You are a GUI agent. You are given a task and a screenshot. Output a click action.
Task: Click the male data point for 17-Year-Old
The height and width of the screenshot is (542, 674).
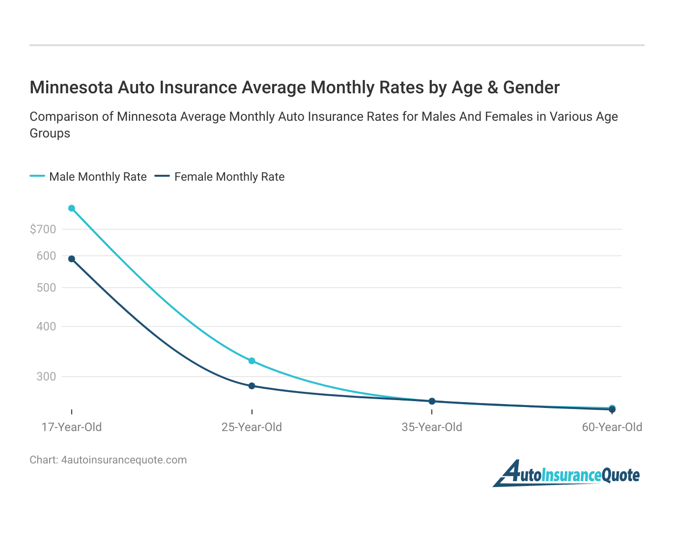coord(72,208)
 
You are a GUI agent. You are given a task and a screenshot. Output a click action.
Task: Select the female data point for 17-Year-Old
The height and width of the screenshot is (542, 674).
coord(72,259)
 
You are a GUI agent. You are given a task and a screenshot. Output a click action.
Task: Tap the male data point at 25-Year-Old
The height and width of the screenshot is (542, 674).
coord(252,361)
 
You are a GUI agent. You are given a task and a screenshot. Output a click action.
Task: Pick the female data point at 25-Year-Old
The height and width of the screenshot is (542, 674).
coord(252,386)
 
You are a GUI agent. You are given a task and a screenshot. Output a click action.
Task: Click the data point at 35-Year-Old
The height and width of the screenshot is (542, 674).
coord(432,401)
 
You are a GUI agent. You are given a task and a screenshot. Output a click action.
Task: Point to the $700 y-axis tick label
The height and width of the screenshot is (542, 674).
coord(43,229)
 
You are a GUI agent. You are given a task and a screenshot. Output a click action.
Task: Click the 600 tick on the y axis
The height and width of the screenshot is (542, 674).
coord(46,256)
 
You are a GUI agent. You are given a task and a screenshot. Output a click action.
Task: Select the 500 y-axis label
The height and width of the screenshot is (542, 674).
coord(46,288)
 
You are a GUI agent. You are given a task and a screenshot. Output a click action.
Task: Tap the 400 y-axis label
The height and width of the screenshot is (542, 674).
coord(46,326)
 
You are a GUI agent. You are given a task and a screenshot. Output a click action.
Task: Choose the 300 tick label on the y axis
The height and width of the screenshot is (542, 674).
coord(46,377)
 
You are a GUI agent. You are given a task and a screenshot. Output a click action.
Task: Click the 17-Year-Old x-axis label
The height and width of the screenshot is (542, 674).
coord(72,427)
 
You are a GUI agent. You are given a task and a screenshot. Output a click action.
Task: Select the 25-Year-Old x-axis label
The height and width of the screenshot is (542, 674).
coord(252,427)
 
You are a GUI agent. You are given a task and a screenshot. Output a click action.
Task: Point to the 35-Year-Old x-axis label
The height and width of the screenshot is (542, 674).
coord(432,427)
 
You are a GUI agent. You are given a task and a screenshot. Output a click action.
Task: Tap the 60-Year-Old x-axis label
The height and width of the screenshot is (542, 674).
coord(612,427)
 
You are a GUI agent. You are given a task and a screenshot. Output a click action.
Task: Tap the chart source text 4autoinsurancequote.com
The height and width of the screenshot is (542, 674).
coord(124,460)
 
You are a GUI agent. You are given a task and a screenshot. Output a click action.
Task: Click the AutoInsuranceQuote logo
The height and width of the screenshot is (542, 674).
coord(566,474)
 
